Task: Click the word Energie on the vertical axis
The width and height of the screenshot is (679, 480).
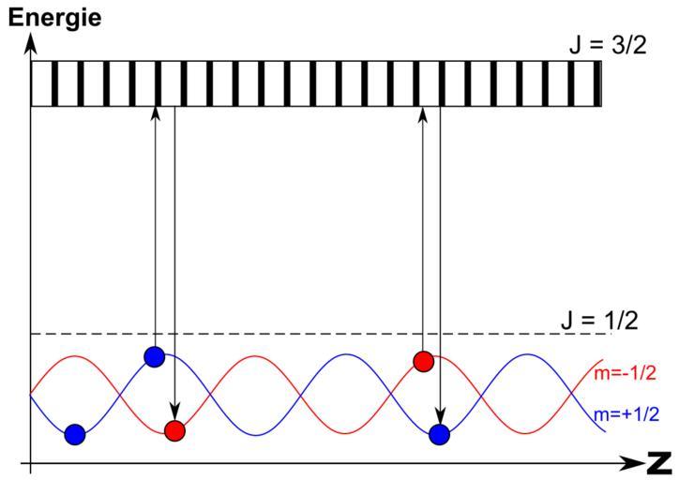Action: click(54, 17)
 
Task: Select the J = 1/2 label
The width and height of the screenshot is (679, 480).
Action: click(600, 321)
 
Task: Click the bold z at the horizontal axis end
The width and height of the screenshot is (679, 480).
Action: click(659, 461)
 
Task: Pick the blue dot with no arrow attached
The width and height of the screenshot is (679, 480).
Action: click(75, 433)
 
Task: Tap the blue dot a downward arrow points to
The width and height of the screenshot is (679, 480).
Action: click(440, 433)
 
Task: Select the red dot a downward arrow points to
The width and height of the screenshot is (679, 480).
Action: click(174, 431)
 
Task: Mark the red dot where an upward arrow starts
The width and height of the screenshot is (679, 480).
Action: click(423, 361)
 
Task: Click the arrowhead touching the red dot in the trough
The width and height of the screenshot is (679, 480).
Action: click(174, 415)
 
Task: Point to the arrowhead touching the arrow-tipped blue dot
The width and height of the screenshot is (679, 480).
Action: click(440, 417)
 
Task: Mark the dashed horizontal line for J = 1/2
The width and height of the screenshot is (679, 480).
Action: click(281, 334)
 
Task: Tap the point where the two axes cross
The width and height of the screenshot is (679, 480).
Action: click(31, 463)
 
